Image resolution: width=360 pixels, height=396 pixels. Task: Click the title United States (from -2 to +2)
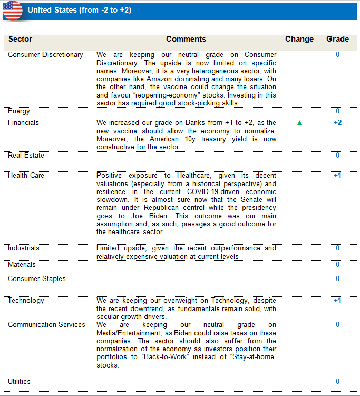point(80,10)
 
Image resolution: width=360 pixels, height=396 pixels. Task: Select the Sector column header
point(20,39)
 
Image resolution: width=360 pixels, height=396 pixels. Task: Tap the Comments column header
point(186,39)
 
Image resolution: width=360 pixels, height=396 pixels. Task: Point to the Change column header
point(299,39)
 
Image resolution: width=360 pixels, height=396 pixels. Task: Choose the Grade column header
point(337,39)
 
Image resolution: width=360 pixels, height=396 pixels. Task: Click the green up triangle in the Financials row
point(300,123)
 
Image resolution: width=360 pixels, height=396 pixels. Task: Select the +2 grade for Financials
point(337,123)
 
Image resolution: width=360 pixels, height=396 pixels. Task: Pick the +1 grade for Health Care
point(337,175)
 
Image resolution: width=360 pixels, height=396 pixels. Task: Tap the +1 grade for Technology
point(337,301)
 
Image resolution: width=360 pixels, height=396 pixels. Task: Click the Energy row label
point(19,111)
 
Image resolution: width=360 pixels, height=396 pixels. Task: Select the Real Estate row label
point(26,156)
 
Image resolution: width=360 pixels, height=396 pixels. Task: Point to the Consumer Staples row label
point(37,279)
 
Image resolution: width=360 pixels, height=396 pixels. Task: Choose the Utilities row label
point(19,381)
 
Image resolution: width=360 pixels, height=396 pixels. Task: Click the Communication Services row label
point(46,325)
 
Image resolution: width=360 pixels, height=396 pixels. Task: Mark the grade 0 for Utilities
point(337,381)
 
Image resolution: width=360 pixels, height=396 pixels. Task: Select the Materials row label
point(22,265)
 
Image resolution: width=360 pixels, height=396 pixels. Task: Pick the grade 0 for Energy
point(337,111)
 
